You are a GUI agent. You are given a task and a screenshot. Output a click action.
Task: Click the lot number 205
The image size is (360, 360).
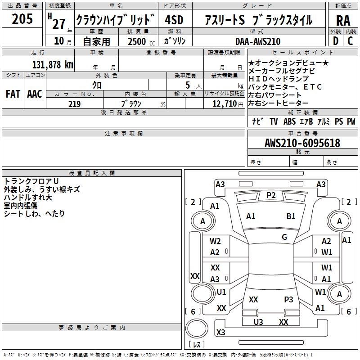click(22, 19)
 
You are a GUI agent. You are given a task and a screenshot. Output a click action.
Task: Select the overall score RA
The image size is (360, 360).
click(343, 20)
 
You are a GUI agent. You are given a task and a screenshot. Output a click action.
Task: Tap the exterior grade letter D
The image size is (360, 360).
click(335, 41)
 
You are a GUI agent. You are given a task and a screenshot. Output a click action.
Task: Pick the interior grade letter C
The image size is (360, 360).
click(350, 41)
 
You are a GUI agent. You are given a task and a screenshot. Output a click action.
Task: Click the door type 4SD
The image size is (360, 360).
click(175, 20)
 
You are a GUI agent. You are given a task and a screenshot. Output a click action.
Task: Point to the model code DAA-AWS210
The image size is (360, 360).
click(258, 41)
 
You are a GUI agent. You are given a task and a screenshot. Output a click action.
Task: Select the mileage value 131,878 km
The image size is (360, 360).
click(53, 64)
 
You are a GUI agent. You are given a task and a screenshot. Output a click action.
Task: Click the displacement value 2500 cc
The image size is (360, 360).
click(141, 41)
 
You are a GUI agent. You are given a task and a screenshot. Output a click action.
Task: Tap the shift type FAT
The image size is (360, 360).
click(13, 94)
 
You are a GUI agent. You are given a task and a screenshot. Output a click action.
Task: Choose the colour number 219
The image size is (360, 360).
click(74, 104)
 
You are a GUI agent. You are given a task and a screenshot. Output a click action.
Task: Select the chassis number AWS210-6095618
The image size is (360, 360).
click(302, 143)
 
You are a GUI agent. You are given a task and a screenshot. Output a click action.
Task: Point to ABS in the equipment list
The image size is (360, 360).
click(289, 121)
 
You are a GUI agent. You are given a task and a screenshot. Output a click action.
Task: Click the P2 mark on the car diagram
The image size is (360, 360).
click(271, 195)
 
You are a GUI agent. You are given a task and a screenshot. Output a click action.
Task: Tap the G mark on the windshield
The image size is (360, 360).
click(284, 237)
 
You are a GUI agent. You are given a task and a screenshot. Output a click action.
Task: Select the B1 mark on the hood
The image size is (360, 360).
click(291, 216)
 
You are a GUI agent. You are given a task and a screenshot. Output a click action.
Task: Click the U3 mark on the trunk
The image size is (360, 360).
click(258, 322)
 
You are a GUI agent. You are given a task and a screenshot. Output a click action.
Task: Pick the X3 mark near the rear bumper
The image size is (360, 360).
click(220, 333)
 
